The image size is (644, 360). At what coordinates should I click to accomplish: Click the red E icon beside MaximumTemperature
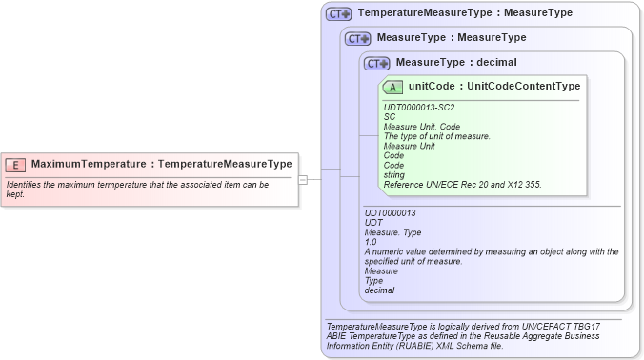click(16, 164)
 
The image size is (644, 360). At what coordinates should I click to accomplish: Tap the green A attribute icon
click(393, 87)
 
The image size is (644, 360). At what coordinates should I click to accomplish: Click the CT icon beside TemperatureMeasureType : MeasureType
click(339, 14)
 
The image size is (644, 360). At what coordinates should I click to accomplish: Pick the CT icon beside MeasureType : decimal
click(377, 63)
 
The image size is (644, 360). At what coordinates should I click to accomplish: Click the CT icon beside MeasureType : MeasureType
click(358, 38)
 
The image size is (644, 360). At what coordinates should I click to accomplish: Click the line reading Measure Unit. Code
click(422, 127)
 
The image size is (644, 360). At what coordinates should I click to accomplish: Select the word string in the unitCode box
click(393, 174)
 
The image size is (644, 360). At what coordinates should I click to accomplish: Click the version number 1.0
click(371, 242)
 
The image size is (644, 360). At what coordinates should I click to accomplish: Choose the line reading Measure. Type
click(392, 232)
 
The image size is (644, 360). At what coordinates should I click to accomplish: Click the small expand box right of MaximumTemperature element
click(303, 178)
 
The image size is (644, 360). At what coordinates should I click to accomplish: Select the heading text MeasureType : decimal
click(456, 63)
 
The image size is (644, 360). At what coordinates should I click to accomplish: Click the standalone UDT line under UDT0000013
click(373, 223)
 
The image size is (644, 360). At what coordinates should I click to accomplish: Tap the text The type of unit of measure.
click(436, 136)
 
